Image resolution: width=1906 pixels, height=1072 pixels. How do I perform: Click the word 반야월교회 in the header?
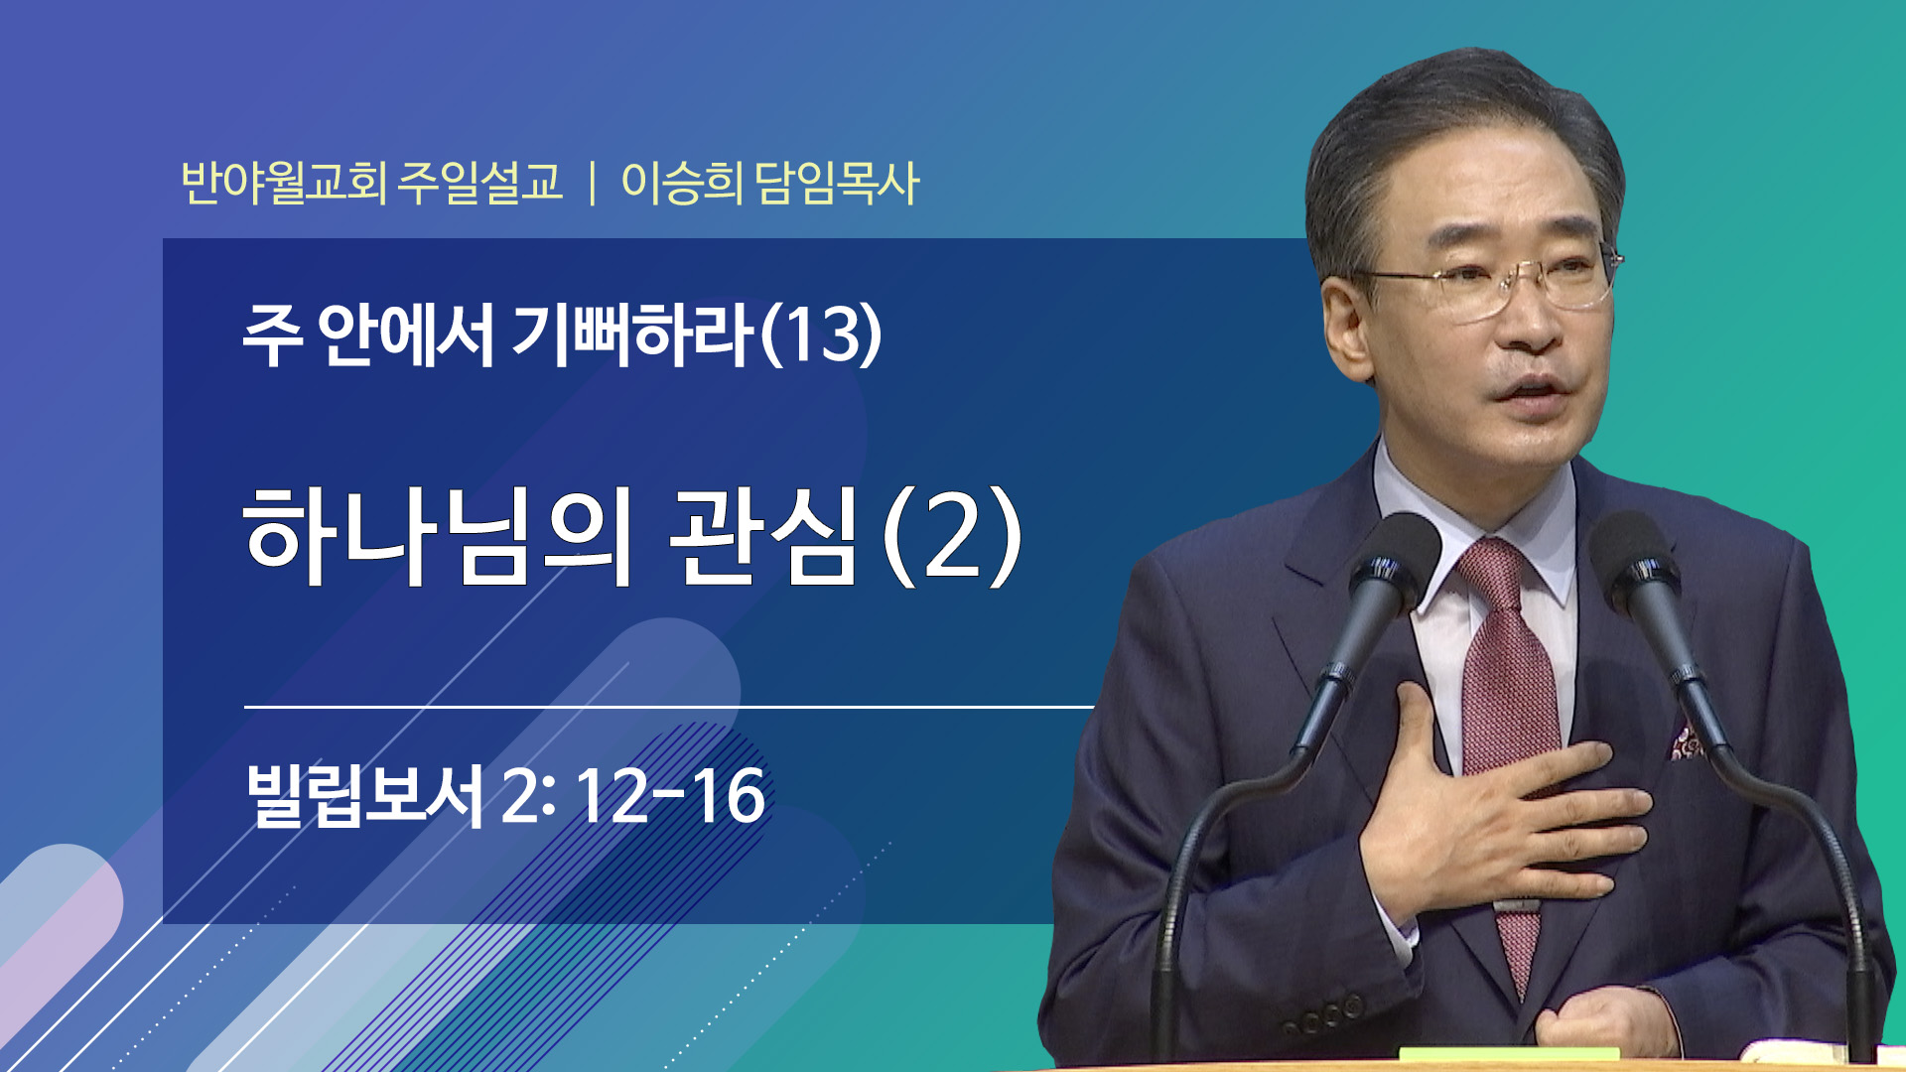[x=283, y=183]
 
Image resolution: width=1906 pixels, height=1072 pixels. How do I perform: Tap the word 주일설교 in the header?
[x=480, y=183]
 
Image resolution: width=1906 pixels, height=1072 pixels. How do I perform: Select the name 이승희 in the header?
[x=682, y=183]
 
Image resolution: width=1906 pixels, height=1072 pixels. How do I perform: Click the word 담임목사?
[x=838, y=183]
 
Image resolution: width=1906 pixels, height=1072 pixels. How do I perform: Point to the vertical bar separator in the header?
[x=593, y=184]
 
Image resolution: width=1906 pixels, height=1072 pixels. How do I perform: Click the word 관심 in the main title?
[x=762, y=536]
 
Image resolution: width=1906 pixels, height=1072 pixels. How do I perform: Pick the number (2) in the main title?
[x=951, y=536]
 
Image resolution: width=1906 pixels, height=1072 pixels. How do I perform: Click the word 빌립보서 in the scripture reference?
[x=364, y=795]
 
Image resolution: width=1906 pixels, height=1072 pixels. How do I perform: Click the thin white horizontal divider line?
[x=669, y=707]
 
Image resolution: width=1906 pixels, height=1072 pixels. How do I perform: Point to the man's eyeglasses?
[x=1489, y=281]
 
